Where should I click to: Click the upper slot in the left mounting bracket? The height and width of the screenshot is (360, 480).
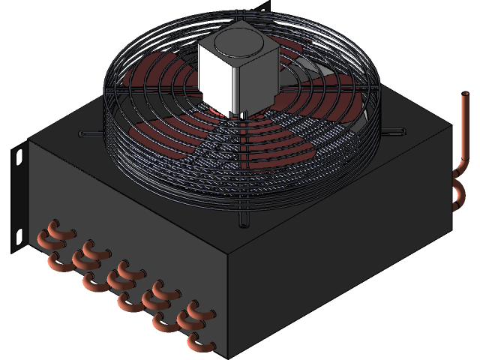tap(20, 160)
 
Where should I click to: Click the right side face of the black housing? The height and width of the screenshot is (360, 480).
tap(345, 270)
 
